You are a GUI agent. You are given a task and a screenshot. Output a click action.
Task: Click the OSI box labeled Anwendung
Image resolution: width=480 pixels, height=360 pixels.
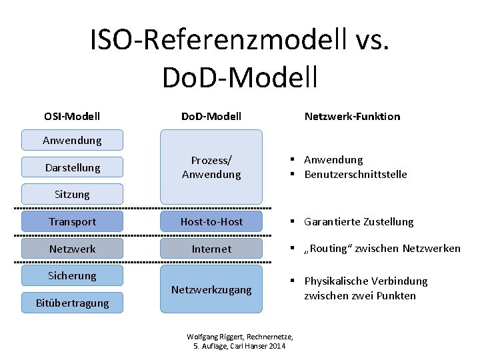72,140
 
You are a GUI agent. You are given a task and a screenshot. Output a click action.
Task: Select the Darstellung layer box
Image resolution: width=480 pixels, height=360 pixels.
72,167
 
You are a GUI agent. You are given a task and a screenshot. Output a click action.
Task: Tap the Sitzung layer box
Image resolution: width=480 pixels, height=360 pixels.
72,194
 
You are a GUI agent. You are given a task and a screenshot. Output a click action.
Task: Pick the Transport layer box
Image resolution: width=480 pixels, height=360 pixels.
72,221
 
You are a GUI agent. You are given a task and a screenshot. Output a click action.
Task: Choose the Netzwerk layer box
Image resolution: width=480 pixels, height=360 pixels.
72,249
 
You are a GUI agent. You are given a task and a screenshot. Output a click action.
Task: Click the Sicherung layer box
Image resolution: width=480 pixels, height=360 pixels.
72,275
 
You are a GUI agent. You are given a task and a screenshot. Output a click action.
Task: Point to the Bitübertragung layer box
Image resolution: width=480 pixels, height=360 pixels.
72,303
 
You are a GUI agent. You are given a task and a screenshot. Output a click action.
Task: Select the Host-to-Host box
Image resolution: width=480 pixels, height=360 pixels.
211,221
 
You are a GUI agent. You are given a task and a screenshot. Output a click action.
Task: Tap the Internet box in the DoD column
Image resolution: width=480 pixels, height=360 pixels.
211,249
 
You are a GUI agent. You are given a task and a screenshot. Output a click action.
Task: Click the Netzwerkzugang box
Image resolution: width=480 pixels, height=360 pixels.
211,289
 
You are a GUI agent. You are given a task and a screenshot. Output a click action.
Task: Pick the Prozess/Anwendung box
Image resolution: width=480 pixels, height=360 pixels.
211,167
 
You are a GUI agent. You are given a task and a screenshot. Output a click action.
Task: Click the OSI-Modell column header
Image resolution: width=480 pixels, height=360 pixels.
72,116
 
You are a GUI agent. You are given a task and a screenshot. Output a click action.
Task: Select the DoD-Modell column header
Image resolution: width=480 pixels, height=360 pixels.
211,116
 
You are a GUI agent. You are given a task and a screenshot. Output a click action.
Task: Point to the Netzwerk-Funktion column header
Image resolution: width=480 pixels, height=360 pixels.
352,116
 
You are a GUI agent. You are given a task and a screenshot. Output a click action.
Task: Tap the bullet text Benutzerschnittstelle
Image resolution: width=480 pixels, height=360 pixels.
355,175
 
